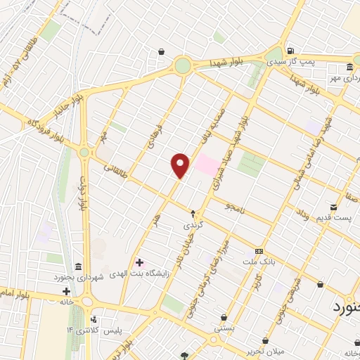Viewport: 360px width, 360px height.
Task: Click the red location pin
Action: pyautogui.click(x=180, y=165)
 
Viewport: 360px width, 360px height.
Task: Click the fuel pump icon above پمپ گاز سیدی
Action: pyautogui.click(x=290, y=51)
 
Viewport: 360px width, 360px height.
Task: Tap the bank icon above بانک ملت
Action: pyautogui.click(x=259, y=251)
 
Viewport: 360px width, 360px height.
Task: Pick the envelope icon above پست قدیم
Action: pyautogui.click(x=335, y=208)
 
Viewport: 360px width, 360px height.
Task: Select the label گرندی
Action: pyautogui.click(x=193, y=226)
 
